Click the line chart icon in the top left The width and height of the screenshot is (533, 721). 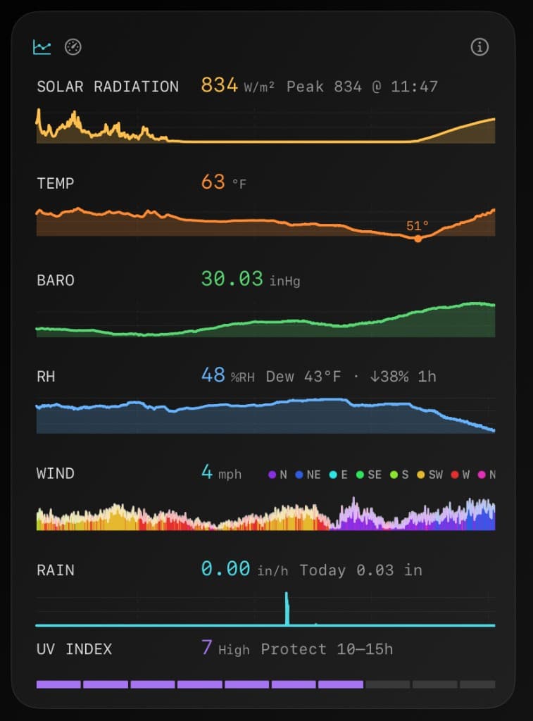click(x=42, y=47)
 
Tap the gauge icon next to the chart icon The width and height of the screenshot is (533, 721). click(x=73, y=47)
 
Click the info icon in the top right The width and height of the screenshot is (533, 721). click(x=479, y=47)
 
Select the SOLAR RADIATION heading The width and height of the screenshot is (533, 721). click(x=108, y=87)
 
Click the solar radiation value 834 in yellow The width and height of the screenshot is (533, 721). click(x=219, y=86)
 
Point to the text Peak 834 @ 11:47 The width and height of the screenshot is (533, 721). click(x=362, y=87)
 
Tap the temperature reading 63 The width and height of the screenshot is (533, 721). click(x=213, y=182)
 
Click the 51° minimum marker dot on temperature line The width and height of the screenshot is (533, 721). click(x=418, y=239)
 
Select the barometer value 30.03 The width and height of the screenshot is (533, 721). click(x=232, y=279)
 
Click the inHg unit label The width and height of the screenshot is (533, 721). click(x=284, y=281)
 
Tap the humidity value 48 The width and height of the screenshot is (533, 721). click(x=213, y=375)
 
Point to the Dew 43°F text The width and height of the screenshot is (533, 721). click(x=303, y=377)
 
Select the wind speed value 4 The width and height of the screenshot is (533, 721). click(x=207, y=472)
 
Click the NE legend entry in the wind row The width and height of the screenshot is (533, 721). click(x=308, y=475)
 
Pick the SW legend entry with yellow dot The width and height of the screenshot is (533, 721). click(x=430, y=475)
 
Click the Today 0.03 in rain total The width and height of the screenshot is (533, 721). click(x=360, y=570)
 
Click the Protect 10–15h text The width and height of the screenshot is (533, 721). click(x=327, y=649)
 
